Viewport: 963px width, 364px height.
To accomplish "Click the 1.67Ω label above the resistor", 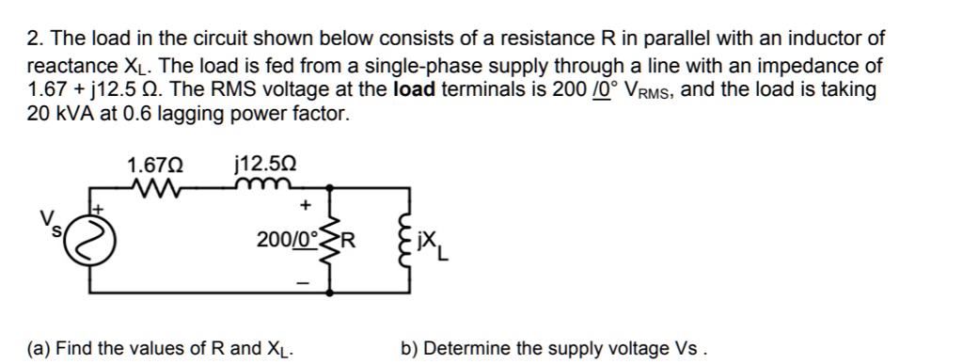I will [x=155, y=166].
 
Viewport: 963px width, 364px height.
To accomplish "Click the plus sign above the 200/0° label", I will [x=303, y=205].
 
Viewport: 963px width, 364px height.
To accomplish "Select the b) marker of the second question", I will [x=408, y=349].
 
